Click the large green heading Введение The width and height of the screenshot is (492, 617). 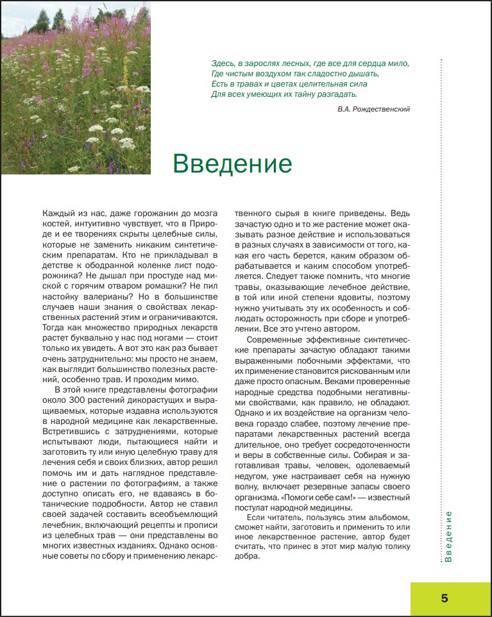click(232, 164)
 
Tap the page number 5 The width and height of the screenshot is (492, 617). click(444, 598)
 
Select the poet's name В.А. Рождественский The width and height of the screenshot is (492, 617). click(373, 110)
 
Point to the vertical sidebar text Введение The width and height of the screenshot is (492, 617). click(448, 536)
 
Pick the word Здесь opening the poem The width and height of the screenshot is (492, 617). click(222, 63)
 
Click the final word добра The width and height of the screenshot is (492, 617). click(246, 557)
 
